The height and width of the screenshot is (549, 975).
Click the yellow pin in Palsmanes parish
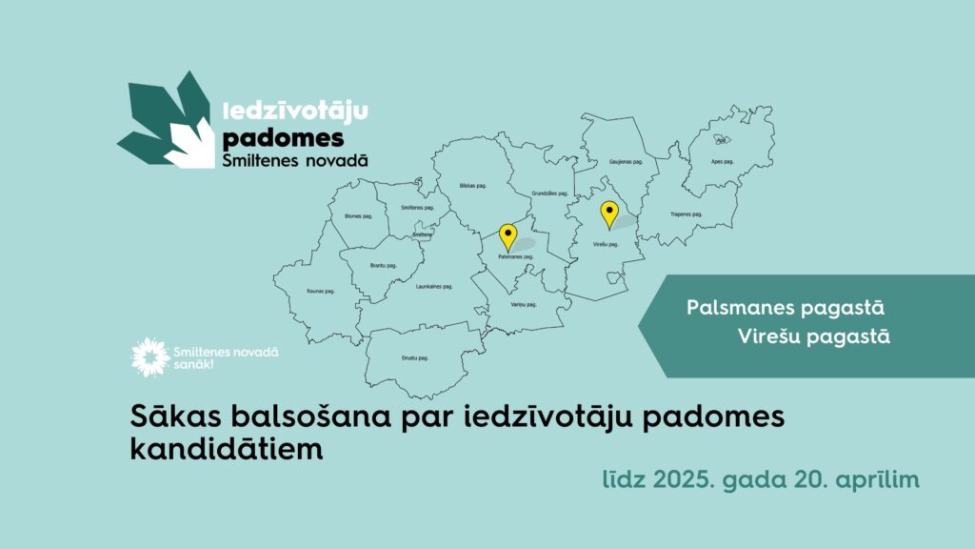(507, 234)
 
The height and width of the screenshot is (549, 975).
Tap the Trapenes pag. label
(686, 214)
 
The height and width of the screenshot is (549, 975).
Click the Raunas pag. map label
(321, 291)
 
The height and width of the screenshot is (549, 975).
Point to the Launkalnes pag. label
(434, 286)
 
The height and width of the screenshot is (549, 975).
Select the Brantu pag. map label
(383, 265)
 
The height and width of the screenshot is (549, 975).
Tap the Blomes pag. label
(358, 216)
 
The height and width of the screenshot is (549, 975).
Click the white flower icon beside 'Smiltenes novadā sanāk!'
(149, 356)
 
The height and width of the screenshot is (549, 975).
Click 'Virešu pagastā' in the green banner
(813, 336)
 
